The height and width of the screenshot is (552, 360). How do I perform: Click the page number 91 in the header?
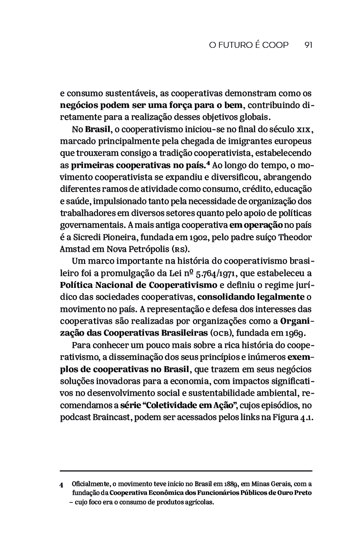(308, 45)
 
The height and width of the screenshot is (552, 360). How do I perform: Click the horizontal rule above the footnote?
(186, 471)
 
